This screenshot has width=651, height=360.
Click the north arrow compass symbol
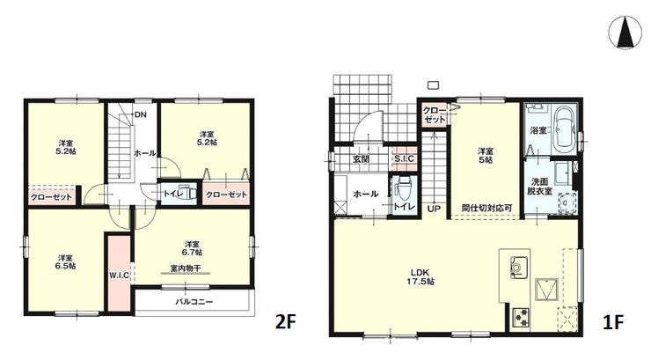click(625, 33)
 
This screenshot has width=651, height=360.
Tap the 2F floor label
click(286, 321)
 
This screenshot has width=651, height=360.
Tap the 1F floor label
click(613, 321)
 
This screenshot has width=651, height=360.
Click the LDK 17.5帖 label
click(422, 277)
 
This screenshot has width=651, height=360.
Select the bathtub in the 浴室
click(564, 128)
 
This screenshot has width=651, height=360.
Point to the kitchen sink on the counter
click(518, 266)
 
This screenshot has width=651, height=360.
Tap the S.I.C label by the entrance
click(404, 158)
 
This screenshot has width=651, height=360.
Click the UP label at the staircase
click(434, 209)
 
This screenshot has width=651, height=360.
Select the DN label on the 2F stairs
click(140, 115)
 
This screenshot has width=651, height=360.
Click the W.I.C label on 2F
click(119, 275)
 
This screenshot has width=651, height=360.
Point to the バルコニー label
click(194, 302)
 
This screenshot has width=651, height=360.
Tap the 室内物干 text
click(186, 268)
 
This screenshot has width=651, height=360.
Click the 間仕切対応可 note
click(487, 208)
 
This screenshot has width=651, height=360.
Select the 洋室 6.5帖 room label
click(66, 261)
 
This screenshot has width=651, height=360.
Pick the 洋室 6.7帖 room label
click(193, 248)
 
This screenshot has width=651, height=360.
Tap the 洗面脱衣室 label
click(540, 187)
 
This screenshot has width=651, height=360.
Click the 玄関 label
click(362, 158)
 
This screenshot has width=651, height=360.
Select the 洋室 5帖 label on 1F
click(485, 155)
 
